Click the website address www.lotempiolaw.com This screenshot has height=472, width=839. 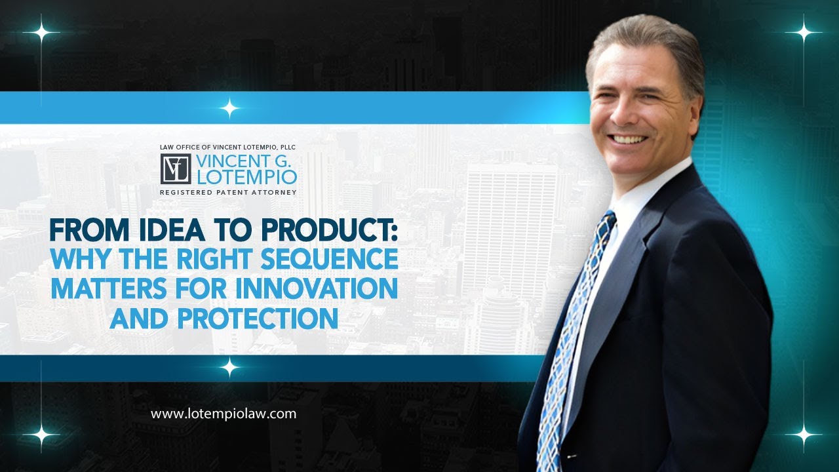point(224,414)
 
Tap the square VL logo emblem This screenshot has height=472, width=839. point(176,169)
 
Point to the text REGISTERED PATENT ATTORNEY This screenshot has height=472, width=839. point(228,192)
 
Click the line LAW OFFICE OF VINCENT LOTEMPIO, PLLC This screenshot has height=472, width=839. point(228,147)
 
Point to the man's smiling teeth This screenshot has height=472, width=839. point(629,139)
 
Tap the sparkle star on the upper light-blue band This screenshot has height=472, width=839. point(229,108)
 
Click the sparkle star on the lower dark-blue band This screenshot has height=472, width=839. point(229,367)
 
